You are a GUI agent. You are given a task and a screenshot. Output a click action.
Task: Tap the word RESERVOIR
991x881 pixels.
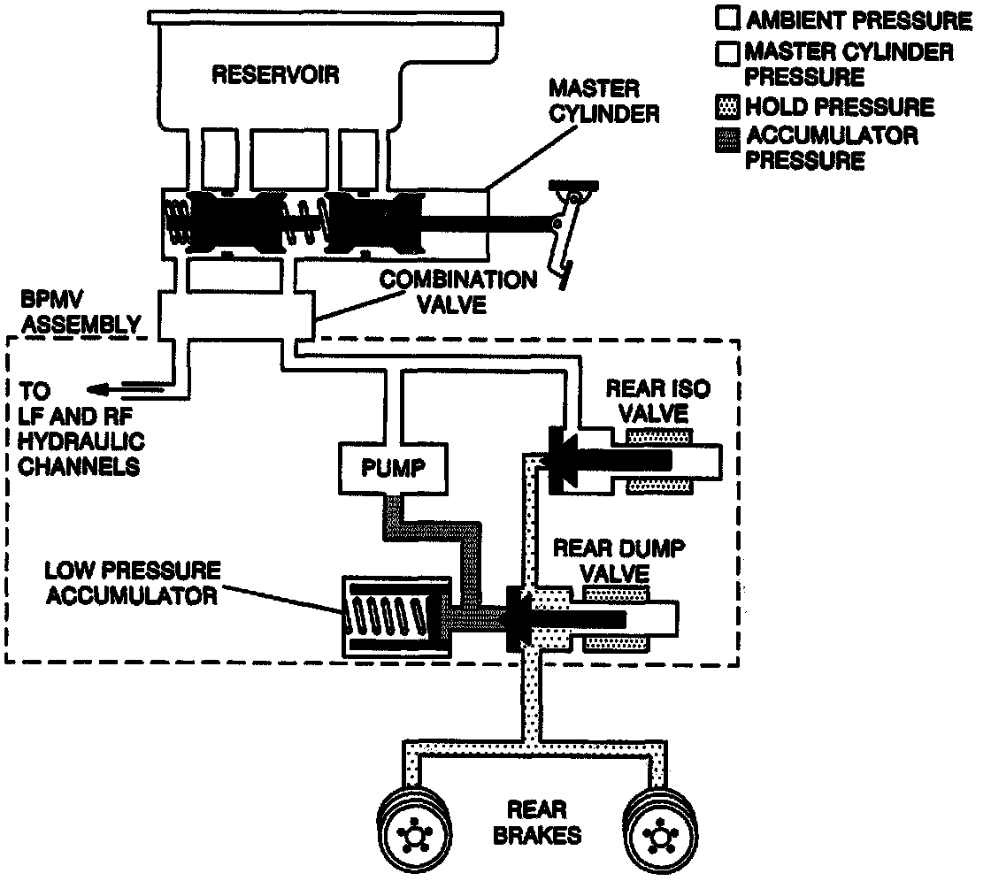[275, 74]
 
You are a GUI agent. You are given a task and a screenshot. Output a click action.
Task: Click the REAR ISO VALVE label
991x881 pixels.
[658, 400]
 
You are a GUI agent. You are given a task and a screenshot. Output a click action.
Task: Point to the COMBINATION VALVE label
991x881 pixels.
[458, 291]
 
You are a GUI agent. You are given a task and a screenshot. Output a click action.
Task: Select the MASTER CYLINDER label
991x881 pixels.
[604, 102]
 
